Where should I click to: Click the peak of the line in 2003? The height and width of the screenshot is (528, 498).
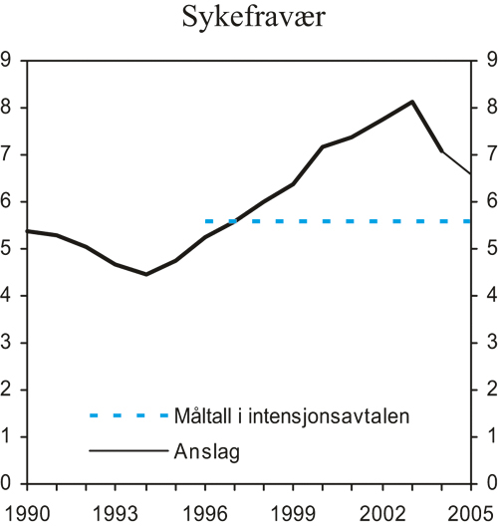(x=412, y=102)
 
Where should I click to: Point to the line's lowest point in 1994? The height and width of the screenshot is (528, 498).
(x=145, y=274)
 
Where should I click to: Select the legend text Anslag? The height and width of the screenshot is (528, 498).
(x=207, y=451)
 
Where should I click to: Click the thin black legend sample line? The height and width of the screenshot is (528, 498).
(x=127, y=451)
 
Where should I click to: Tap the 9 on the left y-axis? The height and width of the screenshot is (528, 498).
(x=8, y=61)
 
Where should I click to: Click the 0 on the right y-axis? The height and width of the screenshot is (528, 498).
(x=489, y=483)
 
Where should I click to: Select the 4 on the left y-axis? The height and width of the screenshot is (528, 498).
(x=8, y=296)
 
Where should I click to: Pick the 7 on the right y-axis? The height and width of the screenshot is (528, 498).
(x=489, y=154)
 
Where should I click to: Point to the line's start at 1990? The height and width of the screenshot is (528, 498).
(x=27, y=231)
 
